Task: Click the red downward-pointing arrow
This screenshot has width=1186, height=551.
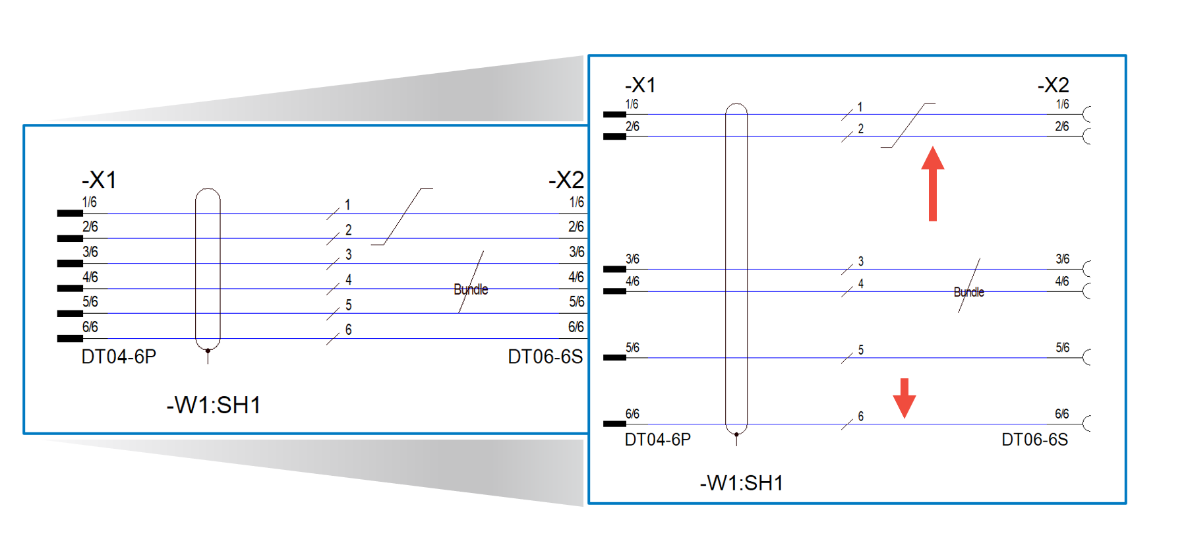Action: pos(904,397)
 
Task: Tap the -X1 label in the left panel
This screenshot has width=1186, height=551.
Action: pos(99,180)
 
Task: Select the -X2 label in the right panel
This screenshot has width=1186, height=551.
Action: pos(1053,85)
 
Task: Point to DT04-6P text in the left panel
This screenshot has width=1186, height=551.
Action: pos(119,357)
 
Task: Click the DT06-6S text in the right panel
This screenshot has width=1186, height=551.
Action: pos(1034,440)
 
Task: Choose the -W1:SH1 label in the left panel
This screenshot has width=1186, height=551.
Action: pos(214,405)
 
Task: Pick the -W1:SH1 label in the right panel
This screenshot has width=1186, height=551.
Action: pos(742,483)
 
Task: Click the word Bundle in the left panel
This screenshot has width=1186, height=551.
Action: pos(471,289)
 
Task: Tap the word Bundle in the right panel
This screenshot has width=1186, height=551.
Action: pos(968,292)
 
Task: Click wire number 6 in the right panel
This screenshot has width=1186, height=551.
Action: pos(860,417)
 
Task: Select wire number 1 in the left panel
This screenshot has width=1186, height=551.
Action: pos(347,205)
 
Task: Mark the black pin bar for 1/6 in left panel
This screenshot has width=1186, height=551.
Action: pos(70,213)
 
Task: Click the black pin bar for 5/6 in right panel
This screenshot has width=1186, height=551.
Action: pos(614,357)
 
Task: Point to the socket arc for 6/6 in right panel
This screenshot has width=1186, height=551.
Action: pos(1086,423)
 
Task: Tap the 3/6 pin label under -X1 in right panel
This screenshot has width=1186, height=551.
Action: pos(632,259)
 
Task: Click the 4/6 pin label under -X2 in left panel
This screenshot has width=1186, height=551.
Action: pos(576,277)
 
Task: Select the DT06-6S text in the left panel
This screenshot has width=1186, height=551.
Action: pos(545,357)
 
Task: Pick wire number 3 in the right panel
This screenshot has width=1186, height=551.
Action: pos(860,262)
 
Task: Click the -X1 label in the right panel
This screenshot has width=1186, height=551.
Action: pos(640,85)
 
